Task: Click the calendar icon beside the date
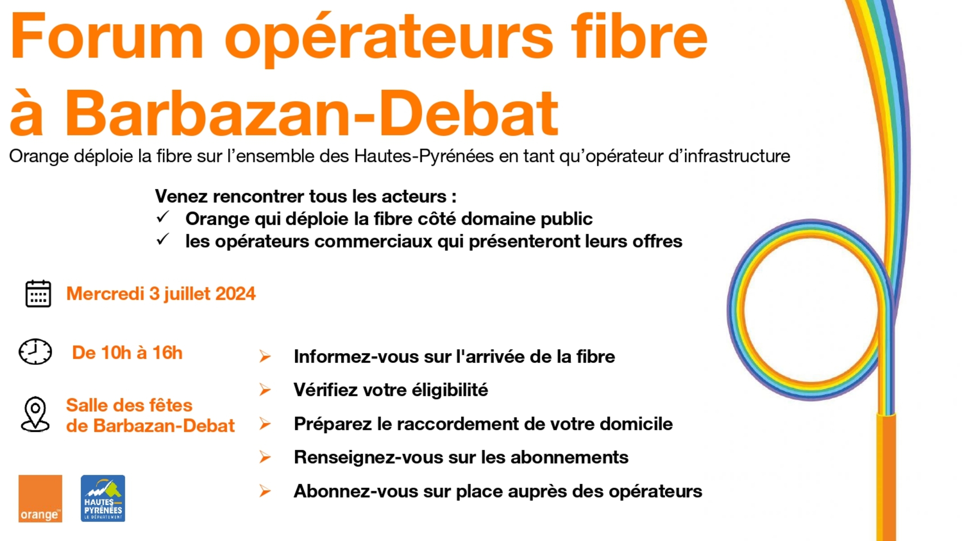pyautogui.click(x=38, y=293)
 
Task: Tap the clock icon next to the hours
pyautogui.click(x=35, y=352)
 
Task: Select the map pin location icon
pyautogui.click(x=35, y=414)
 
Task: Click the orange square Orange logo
pyautogui.click(x=40, y=498)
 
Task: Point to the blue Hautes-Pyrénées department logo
pyautogui.click(x=103, y=498)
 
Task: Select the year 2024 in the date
pyautogui.click(x=235, y=293)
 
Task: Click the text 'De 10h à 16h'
pyautogui.click(x=127, y=353)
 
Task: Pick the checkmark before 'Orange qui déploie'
pyautogui.click(x=163, y=217)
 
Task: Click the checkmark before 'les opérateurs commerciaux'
pyautogui.click(x=163, y=239)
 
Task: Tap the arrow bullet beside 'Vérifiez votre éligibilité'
pyautogui.click(x=265, y=390)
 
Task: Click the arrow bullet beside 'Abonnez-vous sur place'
pyautogui.click(x=265, y=491)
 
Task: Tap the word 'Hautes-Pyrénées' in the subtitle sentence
pyautogui.click(x=424, y=156)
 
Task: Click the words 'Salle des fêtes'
pyautogui.click(x=129, y=405)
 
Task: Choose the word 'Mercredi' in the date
pyautogui.click(x=106, y=293)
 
